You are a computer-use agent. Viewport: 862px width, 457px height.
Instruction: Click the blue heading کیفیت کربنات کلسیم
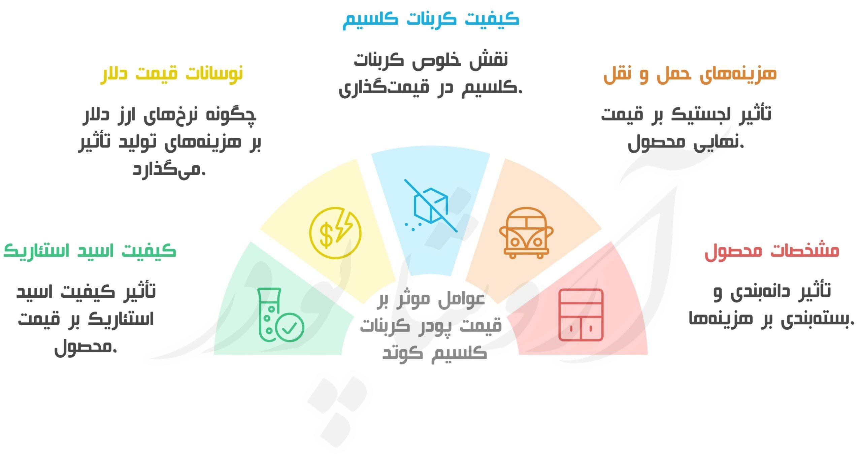(x=431, y=20)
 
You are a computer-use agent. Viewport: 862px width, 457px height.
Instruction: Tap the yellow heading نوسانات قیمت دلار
(x=172, y=74)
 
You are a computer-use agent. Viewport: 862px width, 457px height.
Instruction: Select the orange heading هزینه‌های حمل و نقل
(x=690, y=74)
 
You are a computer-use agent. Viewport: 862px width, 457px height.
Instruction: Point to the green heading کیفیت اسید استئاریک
(x=90, y=251)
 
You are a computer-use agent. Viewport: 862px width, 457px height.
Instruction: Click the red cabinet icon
(x=581, y=315)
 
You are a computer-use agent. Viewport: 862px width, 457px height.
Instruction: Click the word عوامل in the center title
(x=461, y=300)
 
